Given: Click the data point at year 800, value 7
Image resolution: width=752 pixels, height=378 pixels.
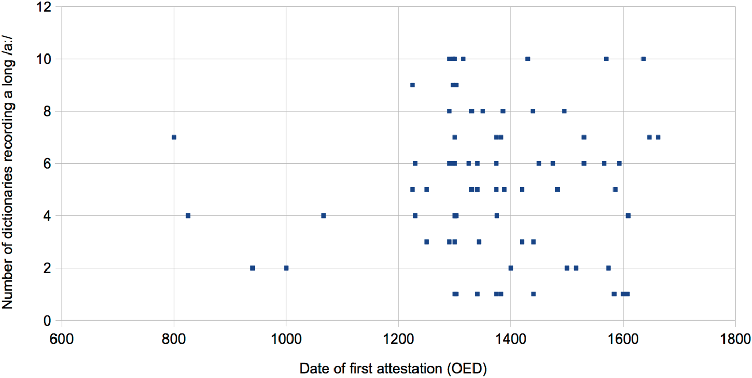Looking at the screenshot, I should pyautogui.click(x=174, y=137).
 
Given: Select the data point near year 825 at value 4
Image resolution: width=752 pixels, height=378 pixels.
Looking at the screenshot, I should pyautogui.click(x=188, y=215).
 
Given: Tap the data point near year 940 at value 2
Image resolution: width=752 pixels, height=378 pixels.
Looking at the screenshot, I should pyautogui.click(x=253, y=268).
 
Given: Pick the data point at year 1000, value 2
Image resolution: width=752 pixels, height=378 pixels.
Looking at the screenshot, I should pyautogui.click(x=286, y=268).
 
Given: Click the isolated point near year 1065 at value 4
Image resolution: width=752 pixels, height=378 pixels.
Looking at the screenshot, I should pyautogui.click(x=323, y=215).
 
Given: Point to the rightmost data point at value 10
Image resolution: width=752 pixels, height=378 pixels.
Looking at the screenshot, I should pyautogui.click(x=643, y=59).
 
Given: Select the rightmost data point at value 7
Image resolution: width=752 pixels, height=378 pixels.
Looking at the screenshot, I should pyautogui.click(x=658, y=137).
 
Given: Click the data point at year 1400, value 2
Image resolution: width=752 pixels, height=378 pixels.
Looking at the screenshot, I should pyautogui.click(x=511, y=268).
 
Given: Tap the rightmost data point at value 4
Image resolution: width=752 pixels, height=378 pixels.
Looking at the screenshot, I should pyautogui.click(x=628, y=215).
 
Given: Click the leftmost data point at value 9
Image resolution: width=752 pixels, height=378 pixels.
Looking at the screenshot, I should pyautogui.click(x=412, y=85).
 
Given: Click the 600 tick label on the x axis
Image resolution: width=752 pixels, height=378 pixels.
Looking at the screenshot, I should pyautogui.click(x=61, y=340).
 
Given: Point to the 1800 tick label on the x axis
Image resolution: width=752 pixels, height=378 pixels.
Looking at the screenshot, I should pyautogui.click(x=735, y=340).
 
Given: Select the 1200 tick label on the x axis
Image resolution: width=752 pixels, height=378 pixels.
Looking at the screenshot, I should pyautogui.click(x=398, y=340).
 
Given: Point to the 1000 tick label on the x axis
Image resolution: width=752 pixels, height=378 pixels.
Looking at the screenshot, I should pyautogui.click(x=286, y=340).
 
